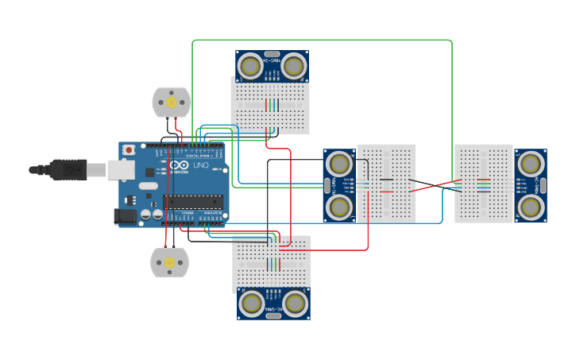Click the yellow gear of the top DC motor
click(x=171, y=102)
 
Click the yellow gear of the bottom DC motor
click(x=169, y=262)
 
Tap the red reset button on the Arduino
click(x=129, y=149)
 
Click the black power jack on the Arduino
click(x=125, y=215)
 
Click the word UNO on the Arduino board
click(x=200, y=167)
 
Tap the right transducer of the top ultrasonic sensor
click(x=293, y=65)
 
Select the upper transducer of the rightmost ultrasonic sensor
click(x=530, y=165)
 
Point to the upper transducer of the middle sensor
click(x=339, y=165)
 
